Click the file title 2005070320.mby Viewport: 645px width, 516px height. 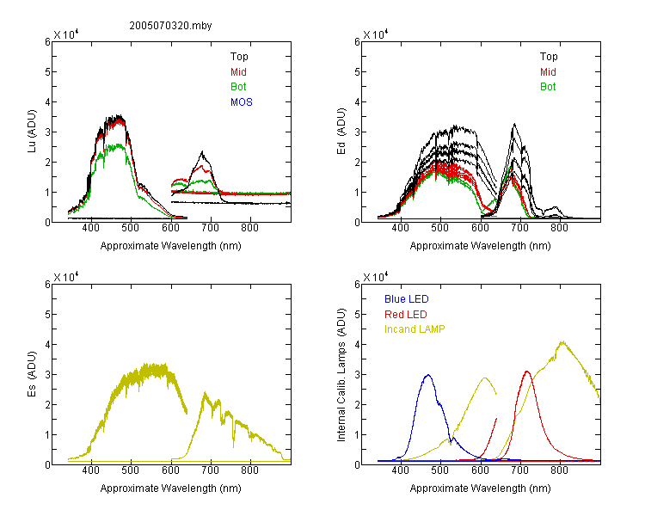click(x=171, y=26)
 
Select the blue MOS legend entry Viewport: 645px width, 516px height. click(x=242, y=102)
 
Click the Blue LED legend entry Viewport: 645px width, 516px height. click(x=407, y=299)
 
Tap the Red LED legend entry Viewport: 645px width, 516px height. click(x=406, y=315)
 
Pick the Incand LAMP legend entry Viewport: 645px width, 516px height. click(x=415, y=329)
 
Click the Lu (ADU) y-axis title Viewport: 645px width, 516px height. click(x=32, y=132)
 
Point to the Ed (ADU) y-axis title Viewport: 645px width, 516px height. click(x=341, y=132)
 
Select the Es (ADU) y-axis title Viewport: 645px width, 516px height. click(x=32, y=374)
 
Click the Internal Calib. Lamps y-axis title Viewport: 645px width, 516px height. click(x=341, y=374)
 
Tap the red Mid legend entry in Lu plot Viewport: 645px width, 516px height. click(x=238, y=72)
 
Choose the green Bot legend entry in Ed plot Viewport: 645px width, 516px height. click(x=548, y=87)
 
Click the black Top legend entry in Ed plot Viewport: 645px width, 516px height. click(x=549, y=57)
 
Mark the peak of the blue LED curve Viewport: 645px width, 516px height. click(x=428, y=375)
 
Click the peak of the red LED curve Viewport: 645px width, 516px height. click(x=527, y=372)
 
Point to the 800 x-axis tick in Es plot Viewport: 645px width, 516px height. click(x=249, y=470)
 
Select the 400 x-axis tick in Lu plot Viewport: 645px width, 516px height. click(x=91, y=228)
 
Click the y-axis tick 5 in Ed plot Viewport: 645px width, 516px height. click(x=357, y=72)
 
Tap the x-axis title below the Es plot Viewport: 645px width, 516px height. click(x=171, y=488)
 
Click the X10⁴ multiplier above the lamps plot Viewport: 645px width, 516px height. click(x=376, y=277)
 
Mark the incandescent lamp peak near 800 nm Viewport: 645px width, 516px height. click(x=562, y=342)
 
